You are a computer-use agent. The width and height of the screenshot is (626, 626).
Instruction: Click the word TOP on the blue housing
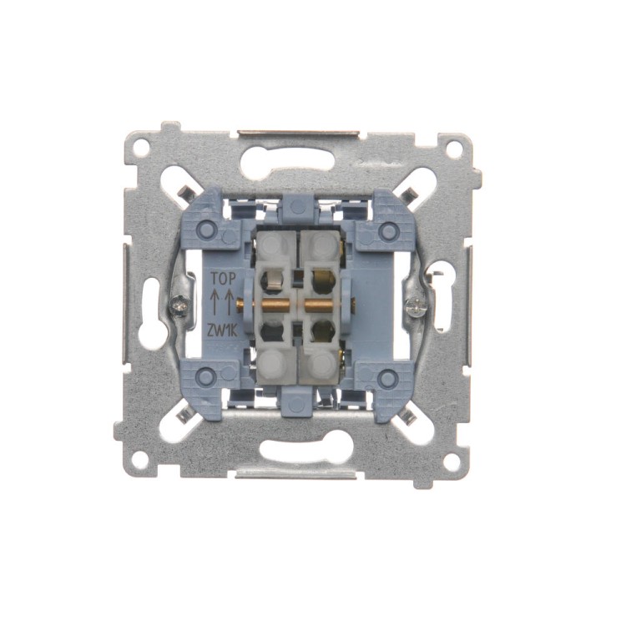pos(223,278)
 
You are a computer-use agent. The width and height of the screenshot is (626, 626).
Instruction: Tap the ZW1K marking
pos(222,331)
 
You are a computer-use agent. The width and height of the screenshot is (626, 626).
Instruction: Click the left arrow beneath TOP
pos(215,302)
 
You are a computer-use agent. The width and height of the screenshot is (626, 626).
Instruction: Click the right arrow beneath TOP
pos(230,302)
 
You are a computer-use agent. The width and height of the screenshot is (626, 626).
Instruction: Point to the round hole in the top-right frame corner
pos(453,149)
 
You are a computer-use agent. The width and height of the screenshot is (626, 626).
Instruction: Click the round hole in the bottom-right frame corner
pos(451,462)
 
